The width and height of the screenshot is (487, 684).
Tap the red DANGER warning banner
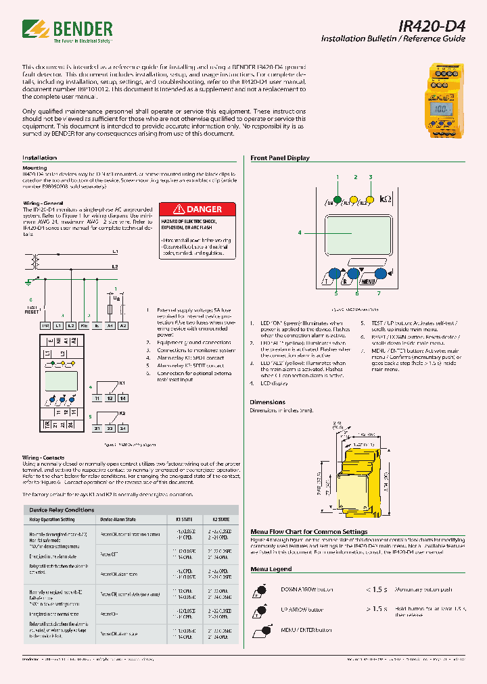point(198,210)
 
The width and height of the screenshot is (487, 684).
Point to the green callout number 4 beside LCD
point(298,232)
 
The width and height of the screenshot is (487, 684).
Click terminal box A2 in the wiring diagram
point(123,325)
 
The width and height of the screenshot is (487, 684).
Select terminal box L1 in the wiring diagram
point(59,325)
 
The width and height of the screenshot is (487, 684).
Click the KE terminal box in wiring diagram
point(85,325)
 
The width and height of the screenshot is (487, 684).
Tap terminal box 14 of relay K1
point(122,399)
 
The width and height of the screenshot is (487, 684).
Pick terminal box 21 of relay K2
point(97,429)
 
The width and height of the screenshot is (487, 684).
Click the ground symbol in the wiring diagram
point(28,280)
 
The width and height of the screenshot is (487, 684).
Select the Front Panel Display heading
point(280,158)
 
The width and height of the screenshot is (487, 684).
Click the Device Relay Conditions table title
point(61,509)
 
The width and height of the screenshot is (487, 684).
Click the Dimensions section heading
point(268,402)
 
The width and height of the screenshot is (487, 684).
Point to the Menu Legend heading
point(271,569)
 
